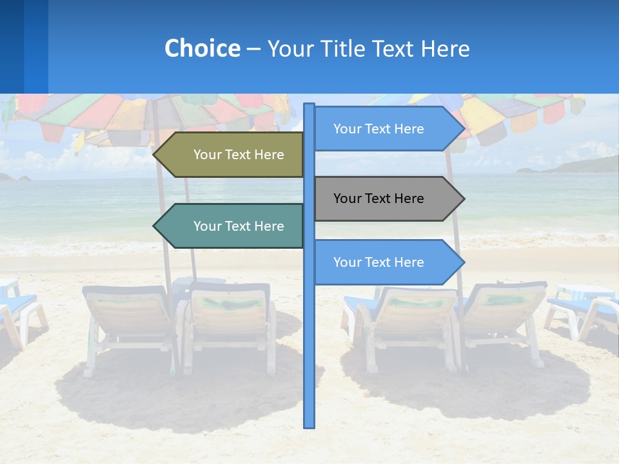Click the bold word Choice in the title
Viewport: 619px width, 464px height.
(x=202, y=48)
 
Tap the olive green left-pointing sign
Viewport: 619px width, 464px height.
(x=232, y=155)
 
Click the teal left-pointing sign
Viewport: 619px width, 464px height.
(x=232, y=226)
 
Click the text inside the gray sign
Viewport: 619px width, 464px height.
(x=378, y=198)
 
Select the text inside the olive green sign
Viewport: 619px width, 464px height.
(x=239, y=155)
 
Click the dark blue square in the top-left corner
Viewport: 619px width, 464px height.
(x=12, y=46)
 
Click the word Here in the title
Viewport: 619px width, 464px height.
(x=445, y=48)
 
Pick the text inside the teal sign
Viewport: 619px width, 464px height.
(x=239, y=226)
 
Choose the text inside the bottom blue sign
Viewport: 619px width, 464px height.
(x=378, y=262)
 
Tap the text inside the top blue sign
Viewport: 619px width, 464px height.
(x=378, y=129)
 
